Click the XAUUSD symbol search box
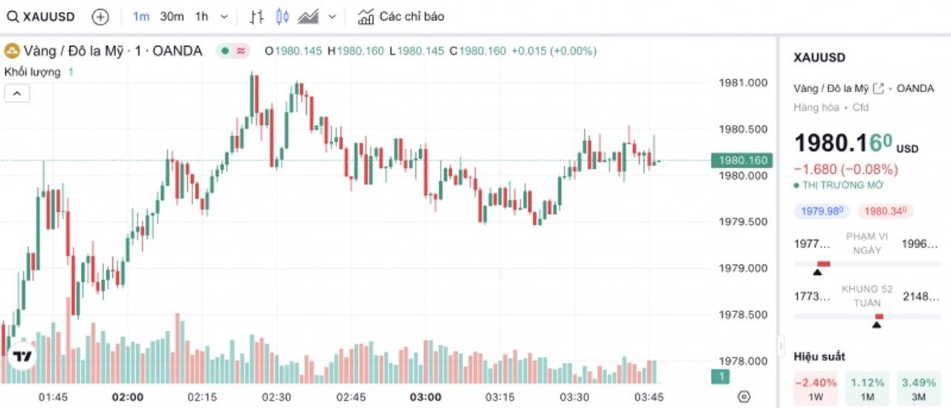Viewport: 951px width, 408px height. pos(42,16)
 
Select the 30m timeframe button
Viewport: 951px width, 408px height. pos(172,16)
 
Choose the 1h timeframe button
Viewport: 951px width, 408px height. pos(201,16)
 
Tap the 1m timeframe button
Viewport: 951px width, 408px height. pos(141,16)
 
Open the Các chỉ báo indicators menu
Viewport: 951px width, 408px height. pos(402,16)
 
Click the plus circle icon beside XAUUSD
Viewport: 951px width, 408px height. pos(100,16)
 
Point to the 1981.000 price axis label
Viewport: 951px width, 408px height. pos(742,82)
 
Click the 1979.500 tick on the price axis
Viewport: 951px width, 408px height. pos(742,221)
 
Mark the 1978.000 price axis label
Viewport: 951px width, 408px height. pos(742,361)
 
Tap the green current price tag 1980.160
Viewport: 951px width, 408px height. pos(741,160)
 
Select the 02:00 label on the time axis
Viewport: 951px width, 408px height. pos(128,397)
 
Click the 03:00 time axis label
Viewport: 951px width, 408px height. pos(425,397)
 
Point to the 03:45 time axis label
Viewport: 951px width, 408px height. pos(649,397)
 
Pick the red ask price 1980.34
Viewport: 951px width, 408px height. pos(885,211)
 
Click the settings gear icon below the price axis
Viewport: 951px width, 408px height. pos(744,396)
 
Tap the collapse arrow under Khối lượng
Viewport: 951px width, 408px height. pos(17,93)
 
